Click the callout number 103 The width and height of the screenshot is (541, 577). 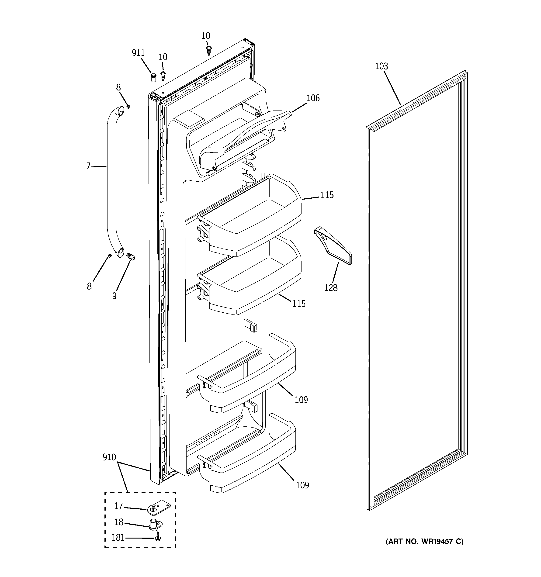pos(381,66)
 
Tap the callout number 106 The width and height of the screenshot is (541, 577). pos(313,98)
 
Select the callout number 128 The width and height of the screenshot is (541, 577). pos(331,288)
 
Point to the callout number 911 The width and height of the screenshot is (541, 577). pos(138,53)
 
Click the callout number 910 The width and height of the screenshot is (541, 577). pos(109,457)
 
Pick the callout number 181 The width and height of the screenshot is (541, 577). pos(118,538)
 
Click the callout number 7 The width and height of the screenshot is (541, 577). pos(88,166)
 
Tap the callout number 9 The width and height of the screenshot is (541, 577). pos(114,296)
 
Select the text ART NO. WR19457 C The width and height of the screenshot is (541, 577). pos(424,541)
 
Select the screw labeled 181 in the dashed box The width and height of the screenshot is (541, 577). pos(158,537)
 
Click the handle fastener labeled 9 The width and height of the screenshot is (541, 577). pos(131,257)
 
